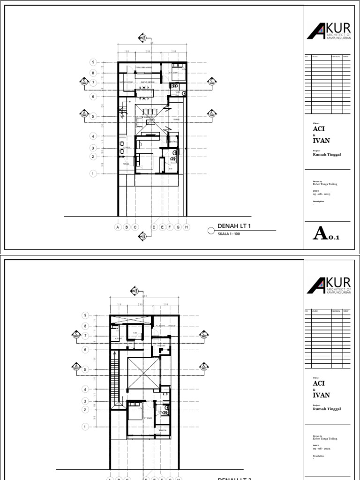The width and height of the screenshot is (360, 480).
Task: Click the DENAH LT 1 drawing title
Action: pyautogui.click(x=235, y=226)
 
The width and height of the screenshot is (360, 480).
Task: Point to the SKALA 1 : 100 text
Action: pyautogui.click(x=229, y=233)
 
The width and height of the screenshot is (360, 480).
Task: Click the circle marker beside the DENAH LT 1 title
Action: pyautogui.click(x=210, y=231)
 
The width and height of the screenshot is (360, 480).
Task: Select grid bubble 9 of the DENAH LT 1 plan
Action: pyautogui.click(x=93, y=62)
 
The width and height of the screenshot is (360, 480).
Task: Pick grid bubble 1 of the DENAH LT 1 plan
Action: pyautogui.click(x=93, y=174)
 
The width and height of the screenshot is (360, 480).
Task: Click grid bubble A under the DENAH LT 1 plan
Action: pyautogui.click(x=118, y=227)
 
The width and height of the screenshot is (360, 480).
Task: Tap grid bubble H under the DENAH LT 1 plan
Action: pyautogui.click(x=186, y=227)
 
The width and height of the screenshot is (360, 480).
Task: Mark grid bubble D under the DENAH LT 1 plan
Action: pyautogui.click(x=154, y=227)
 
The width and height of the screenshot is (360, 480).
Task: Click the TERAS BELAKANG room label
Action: pyautogui.click(x=144, y=67)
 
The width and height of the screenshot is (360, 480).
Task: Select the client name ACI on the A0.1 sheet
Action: pyautogui.click(x=319, y=128)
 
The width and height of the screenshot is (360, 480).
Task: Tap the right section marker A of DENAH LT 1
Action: pyautogui.click(x=211, y=113)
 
